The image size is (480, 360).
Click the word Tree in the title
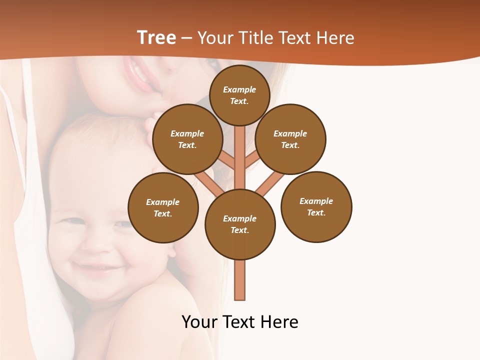pos(156,38)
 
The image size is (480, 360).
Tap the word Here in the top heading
pos(335,38)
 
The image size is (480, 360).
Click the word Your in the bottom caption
pos(200,321)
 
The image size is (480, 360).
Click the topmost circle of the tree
pos(239,95)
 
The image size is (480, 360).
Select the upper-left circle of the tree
pos(187,139)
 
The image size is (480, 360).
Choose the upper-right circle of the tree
pos(290,139)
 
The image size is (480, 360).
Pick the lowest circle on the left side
pos(163,207)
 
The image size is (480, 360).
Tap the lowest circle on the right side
pos(316,206)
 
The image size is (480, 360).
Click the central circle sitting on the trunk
pos(240,224)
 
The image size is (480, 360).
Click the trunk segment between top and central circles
pos(240,157)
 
